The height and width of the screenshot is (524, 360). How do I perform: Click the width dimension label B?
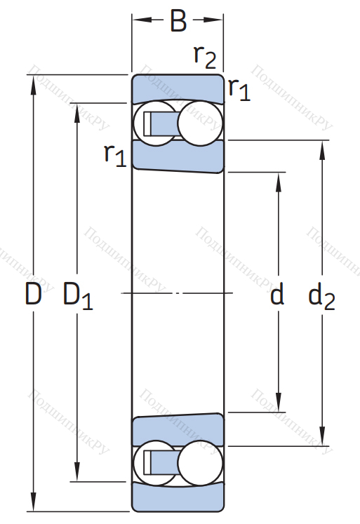point(178,20)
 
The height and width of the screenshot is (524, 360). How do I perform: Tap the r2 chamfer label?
point(205,57)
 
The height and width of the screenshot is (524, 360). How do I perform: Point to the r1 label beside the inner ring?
point(115,156)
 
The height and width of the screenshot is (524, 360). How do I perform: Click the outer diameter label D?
point(34,294)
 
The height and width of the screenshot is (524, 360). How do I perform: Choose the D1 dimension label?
point(78,296)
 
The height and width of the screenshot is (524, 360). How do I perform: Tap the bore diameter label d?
point(277,293)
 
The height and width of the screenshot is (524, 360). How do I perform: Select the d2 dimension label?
point(321,296)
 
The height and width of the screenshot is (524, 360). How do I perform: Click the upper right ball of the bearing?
point(200,123)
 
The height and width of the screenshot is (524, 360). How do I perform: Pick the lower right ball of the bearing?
point(200,463)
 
